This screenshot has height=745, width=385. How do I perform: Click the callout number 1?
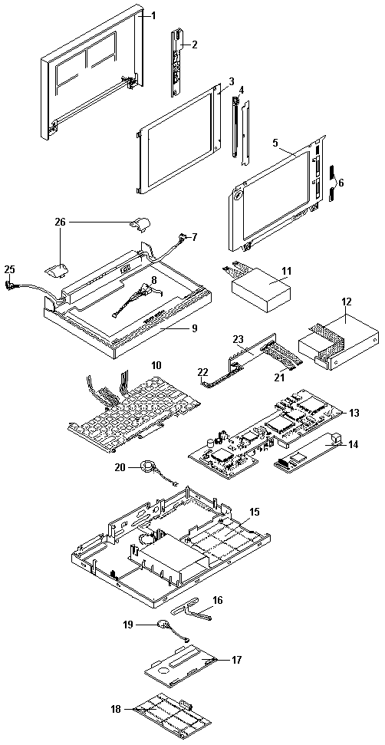coord(153,15)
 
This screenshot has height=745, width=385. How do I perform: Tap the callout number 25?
coord(10,269)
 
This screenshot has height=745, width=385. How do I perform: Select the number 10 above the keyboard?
coord(156,365)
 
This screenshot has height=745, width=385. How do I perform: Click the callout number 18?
coord(116,710)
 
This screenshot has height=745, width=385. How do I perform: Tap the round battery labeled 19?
coord(164,625)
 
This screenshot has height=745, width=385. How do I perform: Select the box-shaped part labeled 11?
coord(260,287)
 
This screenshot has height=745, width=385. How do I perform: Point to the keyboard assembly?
coord(135,406)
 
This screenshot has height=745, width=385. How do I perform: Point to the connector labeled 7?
coord(182,236)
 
